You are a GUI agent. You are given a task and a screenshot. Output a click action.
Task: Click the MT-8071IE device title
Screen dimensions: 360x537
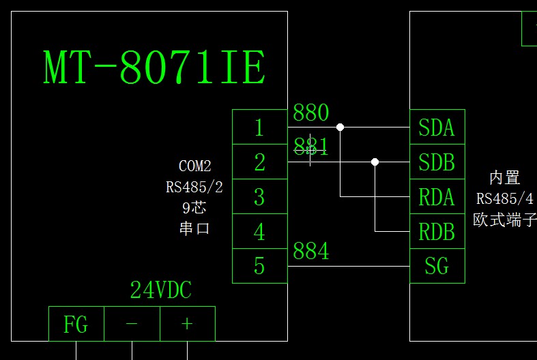[x=154, y=67]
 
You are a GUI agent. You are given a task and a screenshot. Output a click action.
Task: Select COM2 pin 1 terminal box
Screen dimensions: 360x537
[x=259, y=127]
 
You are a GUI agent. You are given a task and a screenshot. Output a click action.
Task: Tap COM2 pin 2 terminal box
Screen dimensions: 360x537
[x=259, y=162]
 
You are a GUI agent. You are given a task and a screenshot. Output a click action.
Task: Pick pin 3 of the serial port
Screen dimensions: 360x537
[x=259, y=197]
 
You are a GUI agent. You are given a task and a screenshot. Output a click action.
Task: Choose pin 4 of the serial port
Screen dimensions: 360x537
[x=259, y=232]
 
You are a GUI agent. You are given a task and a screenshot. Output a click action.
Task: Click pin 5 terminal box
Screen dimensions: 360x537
[x=259, y=266]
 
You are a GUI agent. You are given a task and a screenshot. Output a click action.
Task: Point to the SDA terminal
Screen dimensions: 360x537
[x=437, y=127]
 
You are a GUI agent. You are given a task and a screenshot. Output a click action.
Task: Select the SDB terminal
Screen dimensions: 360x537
[x=437, y=162]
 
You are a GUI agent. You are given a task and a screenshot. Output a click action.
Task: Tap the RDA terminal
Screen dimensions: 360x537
[x=437, y=197]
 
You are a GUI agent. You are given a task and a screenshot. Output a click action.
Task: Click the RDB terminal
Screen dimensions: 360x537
[x=437, y=232]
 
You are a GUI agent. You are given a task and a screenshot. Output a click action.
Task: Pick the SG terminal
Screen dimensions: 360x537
[x=437, y=266]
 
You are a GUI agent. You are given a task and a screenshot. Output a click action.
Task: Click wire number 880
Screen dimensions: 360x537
[x=311, y=112]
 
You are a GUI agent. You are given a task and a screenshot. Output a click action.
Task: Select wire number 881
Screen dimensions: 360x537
[x=311, y=146]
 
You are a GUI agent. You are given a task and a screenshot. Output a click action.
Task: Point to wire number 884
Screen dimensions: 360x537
[x=311, y=251]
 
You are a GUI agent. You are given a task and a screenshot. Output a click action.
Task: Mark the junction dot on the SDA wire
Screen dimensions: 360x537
[x=340, y=127]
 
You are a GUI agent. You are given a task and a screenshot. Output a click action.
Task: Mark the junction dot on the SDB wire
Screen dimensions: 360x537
[x=375, y=162]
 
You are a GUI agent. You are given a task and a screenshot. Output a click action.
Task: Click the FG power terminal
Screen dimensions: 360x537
[x=76, y=325]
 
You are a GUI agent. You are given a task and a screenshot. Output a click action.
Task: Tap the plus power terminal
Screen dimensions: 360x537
[x=187, y=325]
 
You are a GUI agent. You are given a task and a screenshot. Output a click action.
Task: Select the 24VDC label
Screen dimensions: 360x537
[x=161, y=291]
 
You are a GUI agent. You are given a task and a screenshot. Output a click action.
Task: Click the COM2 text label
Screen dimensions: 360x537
[x=194, y=166]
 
